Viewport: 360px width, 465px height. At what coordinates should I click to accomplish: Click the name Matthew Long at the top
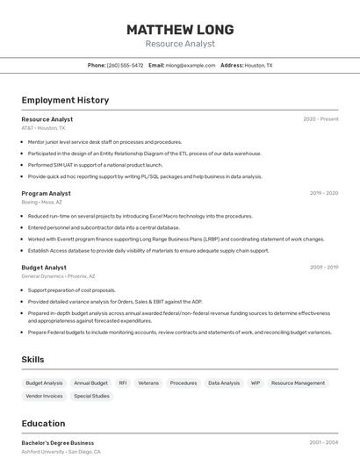[179, 29]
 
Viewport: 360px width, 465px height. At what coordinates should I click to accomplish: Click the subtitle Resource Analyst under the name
[179, 44]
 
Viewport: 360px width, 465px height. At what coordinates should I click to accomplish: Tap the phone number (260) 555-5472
[125, 65]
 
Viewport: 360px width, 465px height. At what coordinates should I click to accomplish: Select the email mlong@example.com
[190, 65]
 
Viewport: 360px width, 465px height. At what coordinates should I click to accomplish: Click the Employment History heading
[65, 100]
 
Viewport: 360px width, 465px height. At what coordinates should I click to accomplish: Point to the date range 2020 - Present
[320, 119]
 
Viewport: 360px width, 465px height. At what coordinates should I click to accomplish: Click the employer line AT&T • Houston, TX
[43, 128]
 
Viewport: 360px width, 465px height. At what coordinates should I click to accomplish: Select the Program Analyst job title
[46, 193]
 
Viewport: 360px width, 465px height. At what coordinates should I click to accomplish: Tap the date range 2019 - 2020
[323, 193]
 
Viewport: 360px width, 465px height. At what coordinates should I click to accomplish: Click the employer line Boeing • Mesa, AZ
[41, 202]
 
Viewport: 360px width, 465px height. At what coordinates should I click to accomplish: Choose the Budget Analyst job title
[44, 268]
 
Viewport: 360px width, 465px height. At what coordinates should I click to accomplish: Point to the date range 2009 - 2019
[323, 268]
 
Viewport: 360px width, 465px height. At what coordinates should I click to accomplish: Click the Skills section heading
[32, 360]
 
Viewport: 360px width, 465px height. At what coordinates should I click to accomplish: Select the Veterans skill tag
[148, 383]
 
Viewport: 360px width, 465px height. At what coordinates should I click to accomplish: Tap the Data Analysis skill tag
[224, 383]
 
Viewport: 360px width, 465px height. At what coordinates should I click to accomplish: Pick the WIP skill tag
[256, 383]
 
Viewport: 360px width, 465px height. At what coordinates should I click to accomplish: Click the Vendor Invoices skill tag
[44, 396]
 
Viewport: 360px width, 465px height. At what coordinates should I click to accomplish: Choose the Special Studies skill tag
[91, 396]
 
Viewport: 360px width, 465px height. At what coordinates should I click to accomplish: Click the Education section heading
[43, 423]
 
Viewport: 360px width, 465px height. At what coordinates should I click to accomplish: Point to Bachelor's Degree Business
[58, 443]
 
